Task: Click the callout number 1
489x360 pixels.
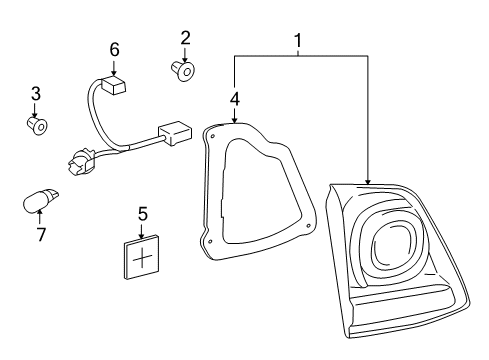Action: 298,40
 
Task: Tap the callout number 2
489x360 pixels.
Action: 185,38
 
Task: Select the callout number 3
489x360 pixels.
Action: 36,93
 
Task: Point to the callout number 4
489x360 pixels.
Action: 235,99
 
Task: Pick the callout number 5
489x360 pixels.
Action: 143,214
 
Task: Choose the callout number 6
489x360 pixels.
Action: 114,50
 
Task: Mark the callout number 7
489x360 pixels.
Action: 41,234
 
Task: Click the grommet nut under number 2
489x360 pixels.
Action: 183,70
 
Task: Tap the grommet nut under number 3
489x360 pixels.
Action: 37,126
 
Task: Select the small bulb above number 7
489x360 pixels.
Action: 40,200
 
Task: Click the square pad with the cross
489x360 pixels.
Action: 142,257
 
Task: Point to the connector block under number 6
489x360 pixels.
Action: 114,86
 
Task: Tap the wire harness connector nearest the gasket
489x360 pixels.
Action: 176,133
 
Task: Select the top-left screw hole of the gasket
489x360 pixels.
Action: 212,135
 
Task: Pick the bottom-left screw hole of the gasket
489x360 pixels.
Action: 210,241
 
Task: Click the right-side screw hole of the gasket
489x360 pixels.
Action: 309,226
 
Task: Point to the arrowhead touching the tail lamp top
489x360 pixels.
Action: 368,182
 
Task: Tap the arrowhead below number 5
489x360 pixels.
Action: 142,236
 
